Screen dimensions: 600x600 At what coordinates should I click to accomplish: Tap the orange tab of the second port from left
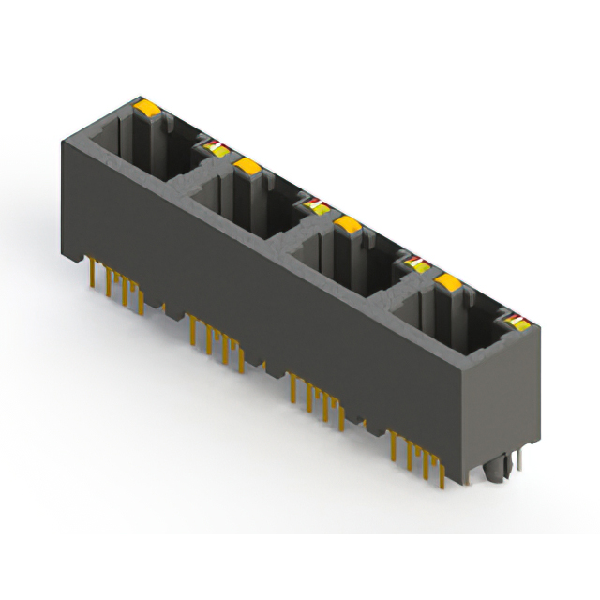pos(247,167)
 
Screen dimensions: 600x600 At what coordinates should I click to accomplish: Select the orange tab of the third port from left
pos(348,224)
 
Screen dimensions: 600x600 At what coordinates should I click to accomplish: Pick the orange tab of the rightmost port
pos(449,282)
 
